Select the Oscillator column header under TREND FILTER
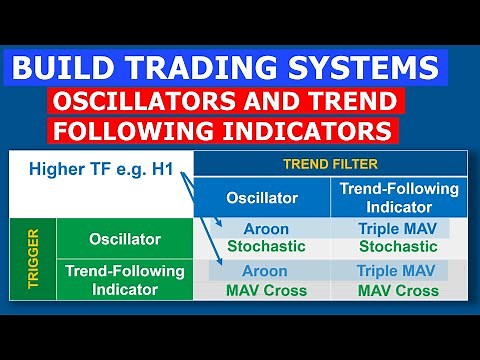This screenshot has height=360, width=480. [261, 196]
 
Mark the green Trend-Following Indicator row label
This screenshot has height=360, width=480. [123, 280]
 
